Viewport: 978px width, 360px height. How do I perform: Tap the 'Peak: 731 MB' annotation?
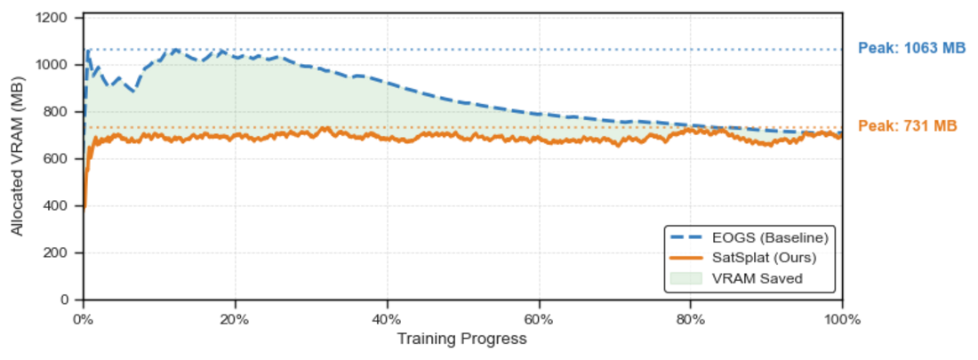(908, 126)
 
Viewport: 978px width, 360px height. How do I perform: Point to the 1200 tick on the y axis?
(60, 18)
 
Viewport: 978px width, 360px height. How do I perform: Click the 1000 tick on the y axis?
(60, 65)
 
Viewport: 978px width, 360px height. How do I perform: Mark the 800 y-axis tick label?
(63, 112)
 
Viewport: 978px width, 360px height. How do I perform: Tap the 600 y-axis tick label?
(63, 159)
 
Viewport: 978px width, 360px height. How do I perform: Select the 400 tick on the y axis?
(63, 206)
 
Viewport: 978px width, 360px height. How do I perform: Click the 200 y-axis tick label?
(63, 253)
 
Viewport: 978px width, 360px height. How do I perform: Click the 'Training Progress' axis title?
(461, 339)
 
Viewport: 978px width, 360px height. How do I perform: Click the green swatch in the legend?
(688, 278)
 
